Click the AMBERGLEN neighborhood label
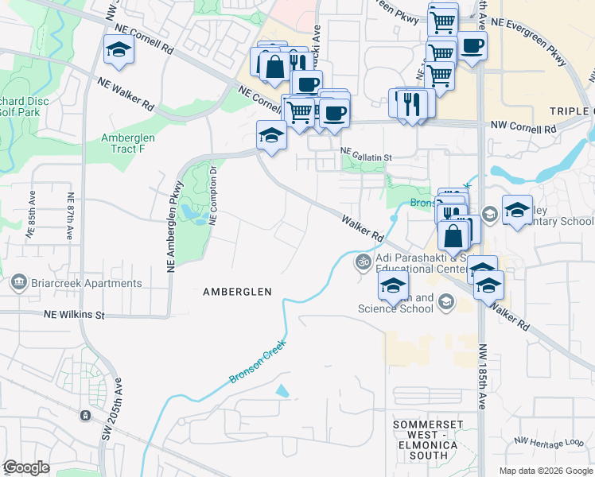point(237,292)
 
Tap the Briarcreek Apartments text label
point(87,283)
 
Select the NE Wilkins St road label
point(72,316)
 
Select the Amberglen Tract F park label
point(128,143)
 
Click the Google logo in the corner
point(26,467)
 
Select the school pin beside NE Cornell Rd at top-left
point(119,49)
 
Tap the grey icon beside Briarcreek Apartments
point(17,282)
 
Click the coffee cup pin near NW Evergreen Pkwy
point(472,45)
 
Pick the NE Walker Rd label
point(126,93)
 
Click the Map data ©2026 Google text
point(546,471)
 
